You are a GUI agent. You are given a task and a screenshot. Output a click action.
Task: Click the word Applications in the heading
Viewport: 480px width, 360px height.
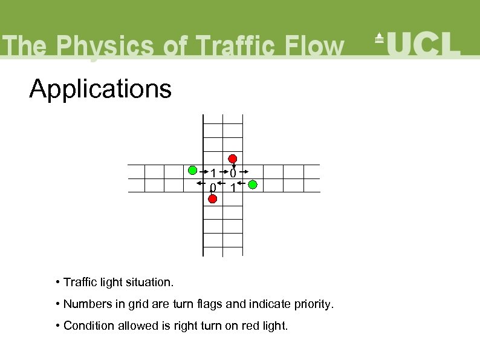pos(100,90)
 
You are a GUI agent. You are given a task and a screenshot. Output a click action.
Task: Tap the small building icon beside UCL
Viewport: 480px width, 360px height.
pos(380,39)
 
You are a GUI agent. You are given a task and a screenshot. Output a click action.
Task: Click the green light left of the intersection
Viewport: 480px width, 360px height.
pos(192,170)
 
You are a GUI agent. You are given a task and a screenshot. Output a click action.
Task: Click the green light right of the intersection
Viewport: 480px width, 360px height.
pos(253,184)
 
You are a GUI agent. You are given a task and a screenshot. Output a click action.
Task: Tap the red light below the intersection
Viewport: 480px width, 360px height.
pos(213,198)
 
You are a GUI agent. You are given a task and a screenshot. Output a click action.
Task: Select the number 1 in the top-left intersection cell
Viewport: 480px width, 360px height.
pos(213,174)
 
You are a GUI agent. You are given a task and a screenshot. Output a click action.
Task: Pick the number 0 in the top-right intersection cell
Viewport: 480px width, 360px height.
pos(233,174)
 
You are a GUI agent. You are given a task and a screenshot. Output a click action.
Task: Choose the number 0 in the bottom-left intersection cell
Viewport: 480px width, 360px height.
pos(212,188)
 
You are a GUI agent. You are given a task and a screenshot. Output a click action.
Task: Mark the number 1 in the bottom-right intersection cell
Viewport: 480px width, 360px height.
pos(233,189)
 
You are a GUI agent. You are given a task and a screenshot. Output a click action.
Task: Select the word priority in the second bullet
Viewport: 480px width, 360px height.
pos(313,304)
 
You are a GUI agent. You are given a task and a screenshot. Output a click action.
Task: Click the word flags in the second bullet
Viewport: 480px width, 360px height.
pos(209,304)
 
